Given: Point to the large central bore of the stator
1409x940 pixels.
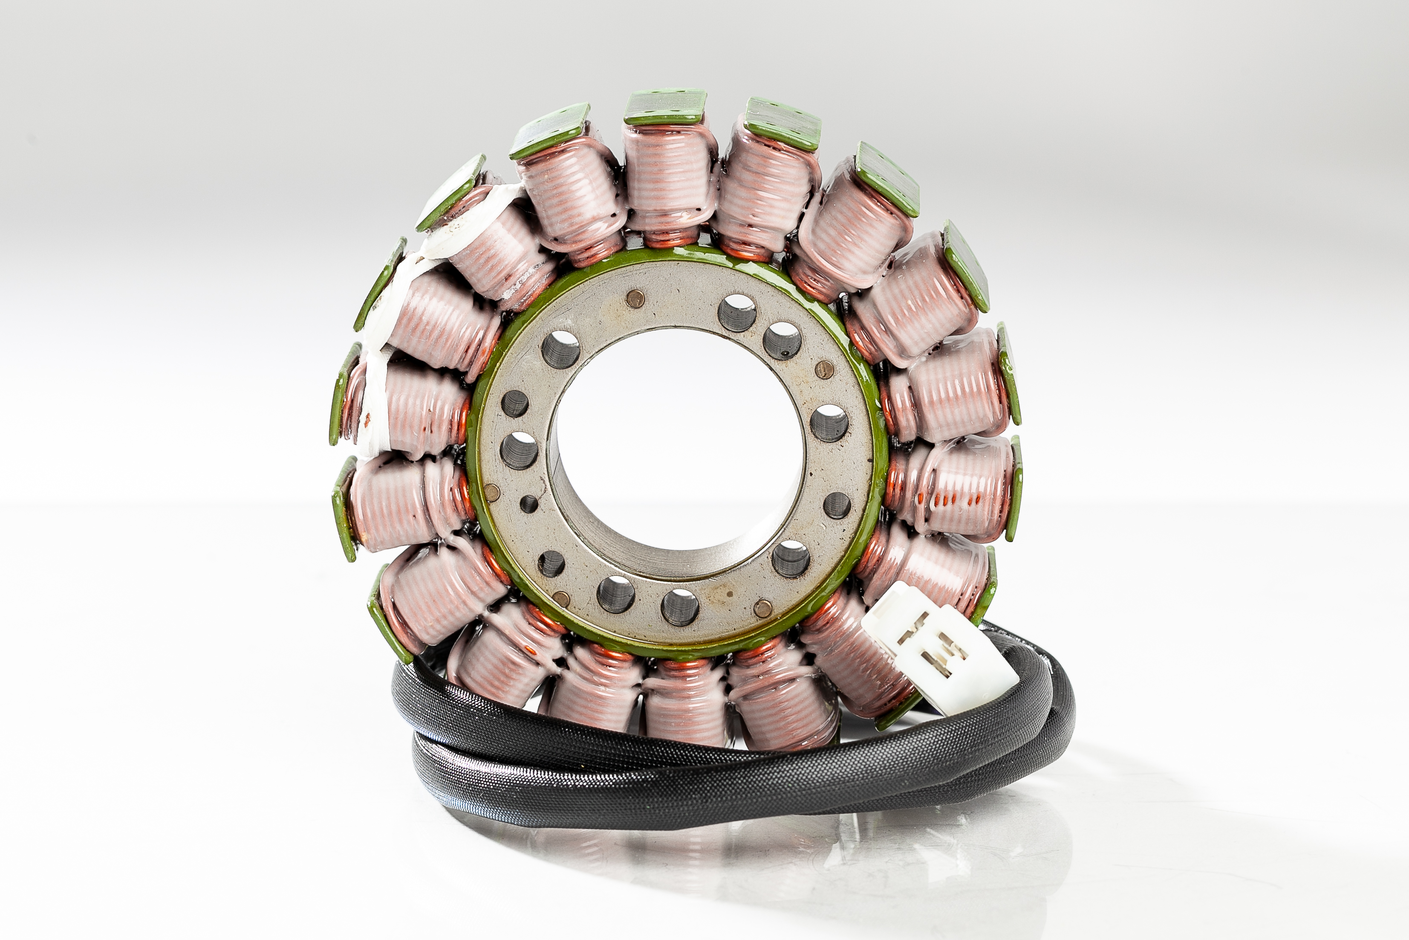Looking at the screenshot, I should (x=677, y=444).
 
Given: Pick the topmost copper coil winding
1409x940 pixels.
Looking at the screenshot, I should (x=668, y=180).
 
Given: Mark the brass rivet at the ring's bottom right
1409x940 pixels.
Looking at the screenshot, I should (x=762, y=609).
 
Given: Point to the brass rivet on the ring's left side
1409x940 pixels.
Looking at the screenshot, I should (x=491, y=493).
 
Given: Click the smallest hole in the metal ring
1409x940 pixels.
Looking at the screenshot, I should (x=528, y=504).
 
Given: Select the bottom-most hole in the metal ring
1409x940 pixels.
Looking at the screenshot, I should (x=680, y=606).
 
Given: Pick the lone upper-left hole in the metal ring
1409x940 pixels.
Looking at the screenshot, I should (x=561, y=349).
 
